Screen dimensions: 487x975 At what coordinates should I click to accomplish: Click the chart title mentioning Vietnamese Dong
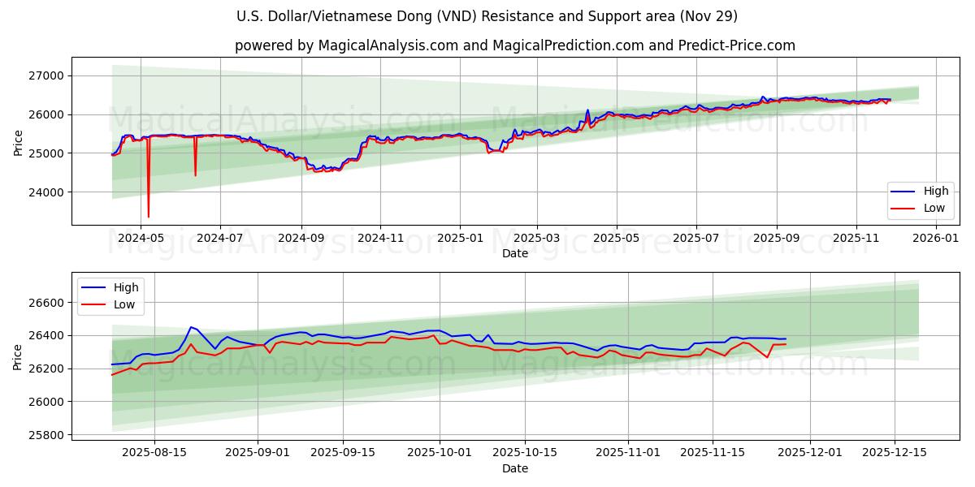487,16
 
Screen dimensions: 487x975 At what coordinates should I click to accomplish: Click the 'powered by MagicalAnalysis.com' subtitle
515,45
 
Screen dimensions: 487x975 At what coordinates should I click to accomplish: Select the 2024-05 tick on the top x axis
141,238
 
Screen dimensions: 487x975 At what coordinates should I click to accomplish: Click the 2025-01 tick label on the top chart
460,238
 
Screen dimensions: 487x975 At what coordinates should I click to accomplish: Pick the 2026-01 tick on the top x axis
936,238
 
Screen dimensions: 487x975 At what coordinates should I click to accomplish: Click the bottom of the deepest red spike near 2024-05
148,217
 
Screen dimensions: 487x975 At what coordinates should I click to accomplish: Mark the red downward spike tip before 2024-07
195,175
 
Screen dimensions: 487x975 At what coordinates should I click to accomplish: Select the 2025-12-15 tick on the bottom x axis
895,452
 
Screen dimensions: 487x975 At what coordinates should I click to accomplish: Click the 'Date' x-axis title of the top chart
515,253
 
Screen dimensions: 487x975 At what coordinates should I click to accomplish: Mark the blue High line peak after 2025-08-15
191,327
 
